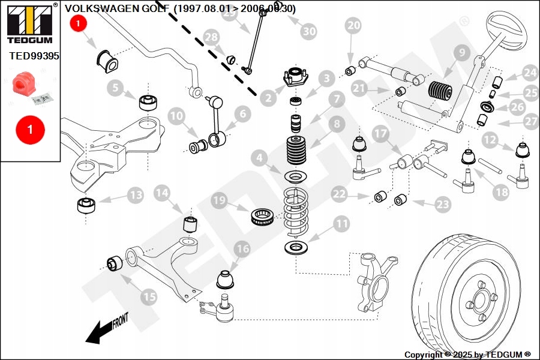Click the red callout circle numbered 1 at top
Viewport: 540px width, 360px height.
click(79, 24)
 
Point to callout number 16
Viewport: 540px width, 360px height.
click(242, 248)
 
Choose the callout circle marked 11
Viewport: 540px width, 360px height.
click(341, 224)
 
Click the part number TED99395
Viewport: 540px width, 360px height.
click(34, 56)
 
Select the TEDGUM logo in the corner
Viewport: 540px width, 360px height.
click(29, 23)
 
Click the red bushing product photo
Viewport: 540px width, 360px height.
click(26, 83)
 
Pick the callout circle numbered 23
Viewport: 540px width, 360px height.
click(442, 204)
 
